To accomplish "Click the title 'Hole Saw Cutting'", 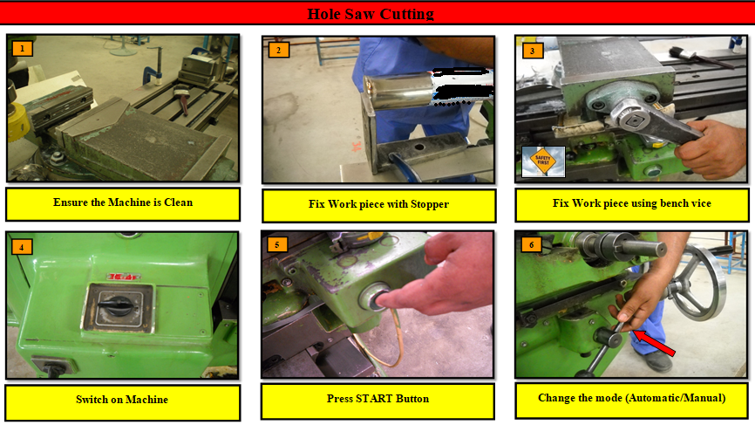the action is [x=371, y=14].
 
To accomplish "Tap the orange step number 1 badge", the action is [x=22, y=49].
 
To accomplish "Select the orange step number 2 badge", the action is [x=279, y=50].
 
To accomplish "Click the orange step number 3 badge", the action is [x=532, y=51].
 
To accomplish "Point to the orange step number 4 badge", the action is [x=22, y=247].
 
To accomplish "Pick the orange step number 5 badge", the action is [x=277, y=244].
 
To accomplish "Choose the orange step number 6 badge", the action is [x=532, y=244].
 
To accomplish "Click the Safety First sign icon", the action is [x=543, y=161].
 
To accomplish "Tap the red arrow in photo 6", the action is [x=653, y=343].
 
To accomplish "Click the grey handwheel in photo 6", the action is [x=697, y=283].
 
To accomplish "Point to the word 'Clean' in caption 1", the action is [x=178, y=202].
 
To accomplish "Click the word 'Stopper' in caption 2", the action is [x=430, y=204].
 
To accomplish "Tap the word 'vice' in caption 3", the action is [x=701, y=203].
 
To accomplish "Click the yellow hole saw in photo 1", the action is [x=17, y=124].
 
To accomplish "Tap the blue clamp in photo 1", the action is [x=153, y=73].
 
